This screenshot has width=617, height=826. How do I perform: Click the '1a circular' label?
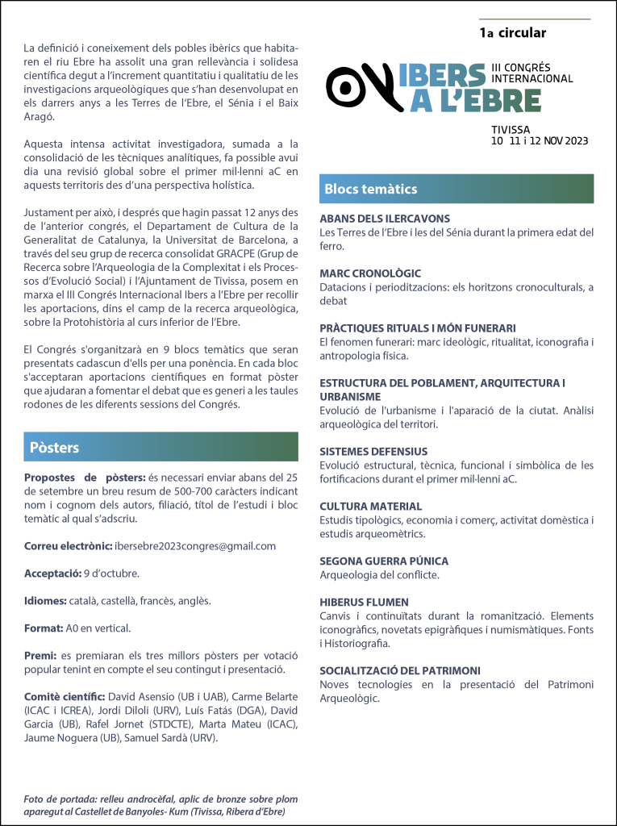(512, 33)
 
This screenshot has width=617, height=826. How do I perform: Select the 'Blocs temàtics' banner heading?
(371, 190)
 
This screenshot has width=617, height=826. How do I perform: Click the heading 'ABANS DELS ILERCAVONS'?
(385, 219)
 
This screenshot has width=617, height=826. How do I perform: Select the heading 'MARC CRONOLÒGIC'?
(370, 273)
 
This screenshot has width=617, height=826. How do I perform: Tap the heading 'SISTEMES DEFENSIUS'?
(373, 452)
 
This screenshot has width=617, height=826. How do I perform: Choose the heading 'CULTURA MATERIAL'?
(371, 507)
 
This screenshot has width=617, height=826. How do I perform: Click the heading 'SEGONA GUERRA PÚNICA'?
(384, 561)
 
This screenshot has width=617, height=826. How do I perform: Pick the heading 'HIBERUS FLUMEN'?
(364, 603)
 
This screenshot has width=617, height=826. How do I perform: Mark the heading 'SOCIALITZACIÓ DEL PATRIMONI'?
(400, 671)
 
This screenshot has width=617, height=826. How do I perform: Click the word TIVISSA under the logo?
(511, 130)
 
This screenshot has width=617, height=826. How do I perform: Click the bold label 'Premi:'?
(40, 655)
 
